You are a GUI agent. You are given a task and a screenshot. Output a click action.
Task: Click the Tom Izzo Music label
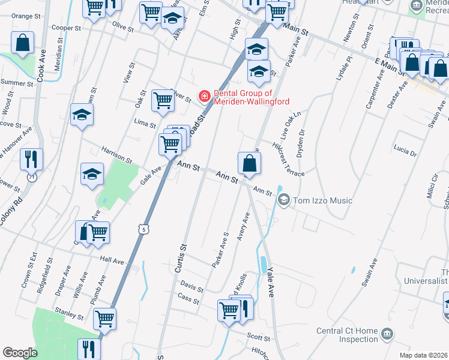[322, 200]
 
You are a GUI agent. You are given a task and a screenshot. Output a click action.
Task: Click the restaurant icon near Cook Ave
[31, 160]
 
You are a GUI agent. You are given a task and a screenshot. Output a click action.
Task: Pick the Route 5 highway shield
[142, 229]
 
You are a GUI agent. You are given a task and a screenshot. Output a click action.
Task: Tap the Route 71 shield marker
[31, 178]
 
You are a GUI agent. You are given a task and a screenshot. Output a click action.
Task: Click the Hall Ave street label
[112, 261]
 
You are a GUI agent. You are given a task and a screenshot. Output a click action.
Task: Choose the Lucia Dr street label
[405, 150]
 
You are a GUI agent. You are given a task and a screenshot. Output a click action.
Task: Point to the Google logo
[20, 352]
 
